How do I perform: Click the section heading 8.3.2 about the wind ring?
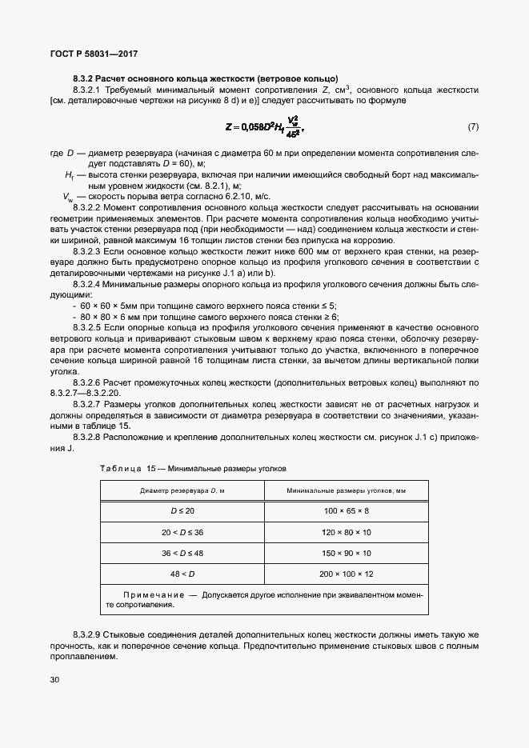205,78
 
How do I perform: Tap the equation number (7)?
473,128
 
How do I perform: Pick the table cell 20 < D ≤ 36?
182,531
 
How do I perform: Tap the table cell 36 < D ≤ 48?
182,553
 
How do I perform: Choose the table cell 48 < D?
182,574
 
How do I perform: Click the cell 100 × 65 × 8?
346,510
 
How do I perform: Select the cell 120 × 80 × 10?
346,531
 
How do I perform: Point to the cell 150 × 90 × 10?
346,553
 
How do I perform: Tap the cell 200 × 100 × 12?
346,574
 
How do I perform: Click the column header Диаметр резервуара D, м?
182,490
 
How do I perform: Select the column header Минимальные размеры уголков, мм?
346,490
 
